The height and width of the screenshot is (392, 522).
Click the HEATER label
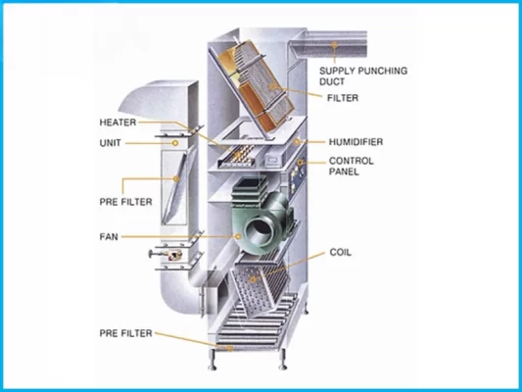click(x=118, y=122)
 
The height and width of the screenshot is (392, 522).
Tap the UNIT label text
click(x=111, y=143)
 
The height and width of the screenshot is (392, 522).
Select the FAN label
click(x=109, y=237)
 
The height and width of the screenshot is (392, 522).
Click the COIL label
click(x=340, y=252)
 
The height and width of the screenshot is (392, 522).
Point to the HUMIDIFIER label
click(x=356, y=142)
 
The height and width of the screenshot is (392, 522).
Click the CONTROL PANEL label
click(x=351, y=167)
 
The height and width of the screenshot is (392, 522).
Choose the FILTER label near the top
click(x=343, y=98)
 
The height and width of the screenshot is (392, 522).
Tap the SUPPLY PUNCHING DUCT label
click(x=363, y=75)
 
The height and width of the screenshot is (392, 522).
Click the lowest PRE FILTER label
click(x=125, y=333)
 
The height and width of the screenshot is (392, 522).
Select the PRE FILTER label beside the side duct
click(x=125, y=202)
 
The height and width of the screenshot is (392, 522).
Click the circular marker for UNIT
click(x=175, y=143)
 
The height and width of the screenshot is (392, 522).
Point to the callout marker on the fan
click(x=238, y=236)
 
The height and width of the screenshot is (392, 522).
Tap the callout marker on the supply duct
click(x=334, y=44)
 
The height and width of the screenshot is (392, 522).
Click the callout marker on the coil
click(x=253, y=279)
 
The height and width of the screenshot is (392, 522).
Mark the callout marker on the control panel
click(x=300, y=163)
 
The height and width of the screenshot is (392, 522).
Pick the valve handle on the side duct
click(x=152, y=255)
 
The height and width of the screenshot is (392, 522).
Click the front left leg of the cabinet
click(x=213, y=360)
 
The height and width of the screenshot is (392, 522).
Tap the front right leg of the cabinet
click(x=283, y=360)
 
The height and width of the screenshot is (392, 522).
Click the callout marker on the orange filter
click(x=272, y=86)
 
